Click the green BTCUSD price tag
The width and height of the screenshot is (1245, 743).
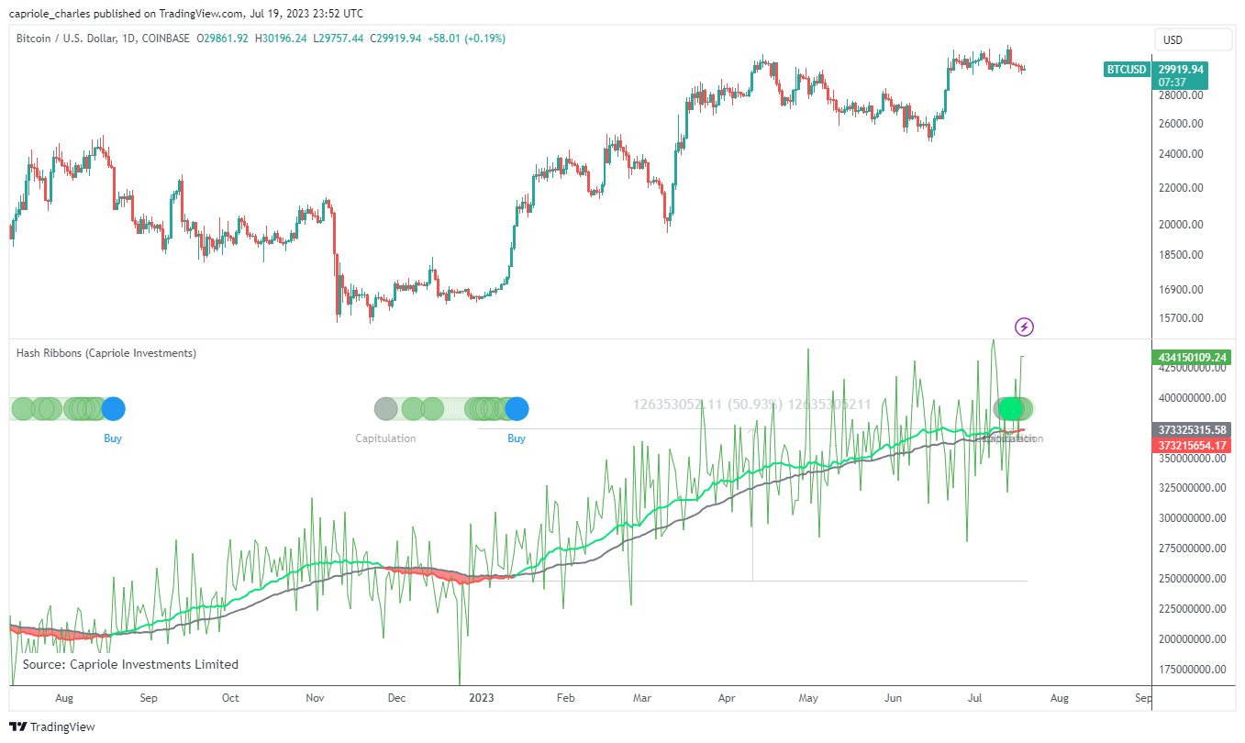click(x=1127, y=69)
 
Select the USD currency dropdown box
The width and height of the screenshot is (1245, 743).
click(x=1192, y=40)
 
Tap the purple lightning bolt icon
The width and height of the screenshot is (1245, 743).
click(x=1025, y=327)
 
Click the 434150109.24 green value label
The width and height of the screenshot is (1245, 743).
click(x=1192, y=357)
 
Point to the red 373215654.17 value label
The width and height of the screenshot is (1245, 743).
click(x=1192, y=445)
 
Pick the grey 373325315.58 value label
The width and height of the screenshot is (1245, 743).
click(x=1192, y=430)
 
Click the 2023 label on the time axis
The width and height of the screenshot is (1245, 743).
click(x=482, y=697)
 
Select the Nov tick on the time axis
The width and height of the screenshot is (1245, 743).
click(x=315, y=697)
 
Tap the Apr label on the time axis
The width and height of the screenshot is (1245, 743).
click(x=728, y=697)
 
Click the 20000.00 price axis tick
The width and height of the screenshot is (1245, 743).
click(x=1179, y=225)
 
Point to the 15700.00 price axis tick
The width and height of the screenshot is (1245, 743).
click(x=1179, y=318)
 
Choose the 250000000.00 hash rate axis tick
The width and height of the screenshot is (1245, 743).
click(x=1189, y=578)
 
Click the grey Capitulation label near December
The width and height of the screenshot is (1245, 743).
click(x=385, y=438)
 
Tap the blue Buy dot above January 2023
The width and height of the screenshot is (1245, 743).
click(x=517, y=408)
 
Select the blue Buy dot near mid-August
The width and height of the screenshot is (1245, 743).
click(x=113, y=408)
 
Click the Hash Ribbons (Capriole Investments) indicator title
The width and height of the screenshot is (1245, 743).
click(x=106, y=353)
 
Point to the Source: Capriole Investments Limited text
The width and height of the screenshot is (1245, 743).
click(x=130, y=664)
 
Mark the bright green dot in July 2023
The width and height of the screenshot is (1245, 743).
click(x=1010, y=408)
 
